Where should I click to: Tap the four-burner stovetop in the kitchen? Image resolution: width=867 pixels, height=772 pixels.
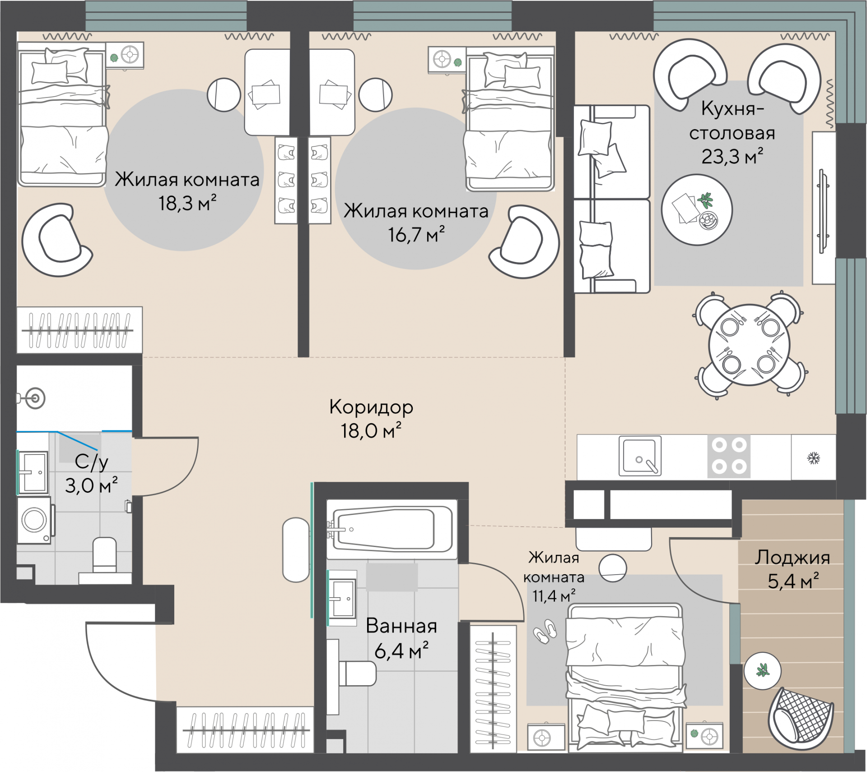point(729,456)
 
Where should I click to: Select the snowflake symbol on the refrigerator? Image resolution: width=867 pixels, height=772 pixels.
point(814,459)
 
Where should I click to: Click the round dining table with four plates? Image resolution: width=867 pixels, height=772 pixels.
point(750,345)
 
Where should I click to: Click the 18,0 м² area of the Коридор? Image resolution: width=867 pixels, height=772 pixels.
point(371,431)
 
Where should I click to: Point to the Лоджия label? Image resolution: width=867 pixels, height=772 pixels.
point(792,557)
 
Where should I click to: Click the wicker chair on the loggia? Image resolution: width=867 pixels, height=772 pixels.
point(801,716)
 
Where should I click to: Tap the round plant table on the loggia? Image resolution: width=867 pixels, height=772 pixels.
point(762,671)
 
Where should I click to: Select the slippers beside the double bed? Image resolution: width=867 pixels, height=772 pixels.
point(545,631)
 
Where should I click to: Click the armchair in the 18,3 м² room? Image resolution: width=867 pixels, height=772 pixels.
point(56,240)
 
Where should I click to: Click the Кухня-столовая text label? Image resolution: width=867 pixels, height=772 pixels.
point(732,121)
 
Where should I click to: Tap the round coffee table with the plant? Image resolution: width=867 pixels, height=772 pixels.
point(697,210)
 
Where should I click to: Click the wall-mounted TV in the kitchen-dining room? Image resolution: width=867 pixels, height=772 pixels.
point(823,211)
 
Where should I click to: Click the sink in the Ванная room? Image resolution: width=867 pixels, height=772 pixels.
point(342,598)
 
